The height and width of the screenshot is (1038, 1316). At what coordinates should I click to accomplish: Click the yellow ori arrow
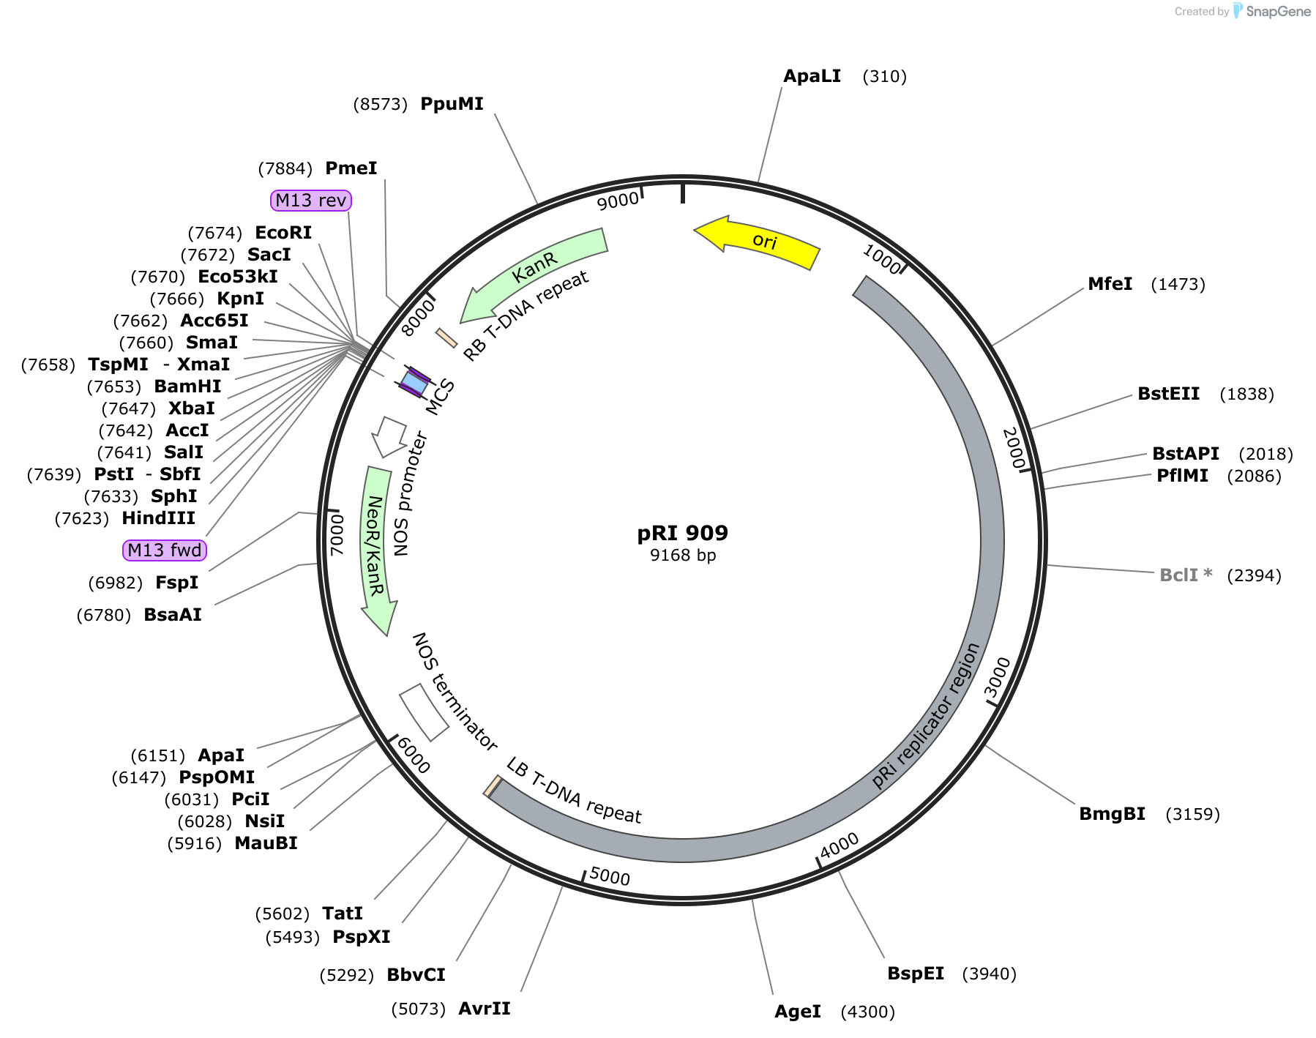click(x=761, y=241)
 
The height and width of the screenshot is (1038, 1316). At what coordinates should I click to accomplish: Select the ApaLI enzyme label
click(x=812, y=76)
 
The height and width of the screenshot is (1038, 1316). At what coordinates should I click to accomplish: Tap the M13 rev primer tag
click(x=310, y=200)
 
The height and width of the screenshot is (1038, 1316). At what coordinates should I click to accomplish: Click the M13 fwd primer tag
click(x=164, y=550)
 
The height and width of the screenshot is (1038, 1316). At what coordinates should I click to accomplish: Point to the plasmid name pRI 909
click(x=682, y=533)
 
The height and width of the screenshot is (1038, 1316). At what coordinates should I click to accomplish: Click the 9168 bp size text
click(x=682, y=555)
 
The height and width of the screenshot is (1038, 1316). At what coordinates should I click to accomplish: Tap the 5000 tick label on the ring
click(x=610, y=875)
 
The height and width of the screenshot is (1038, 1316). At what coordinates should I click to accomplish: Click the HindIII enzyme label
click(x=158, y=518)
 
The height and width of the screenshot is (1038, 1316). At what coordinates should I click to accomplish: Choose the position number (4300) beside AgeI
click(x=867, y=1012)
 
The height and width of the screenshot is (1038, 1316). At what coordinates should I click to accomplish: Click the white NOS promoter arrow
click(x=389, y=436)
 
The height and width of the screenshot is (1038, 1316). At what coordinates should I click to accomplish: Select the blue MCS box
click(x=414, y=382)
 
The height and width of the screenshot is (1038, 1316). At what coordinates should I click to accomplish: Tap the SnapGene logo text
click(x=1278, y=11)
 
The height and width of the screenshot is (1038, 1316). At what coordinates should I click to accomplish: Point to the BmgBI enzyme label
click(x=1112, y=814)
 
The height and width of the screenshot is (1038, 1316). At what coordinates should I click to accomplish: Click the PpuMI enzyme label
click(x=452, y=104)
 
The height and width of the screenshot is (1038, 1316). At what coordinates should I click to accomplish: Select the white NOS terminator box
click(x=424, y=712)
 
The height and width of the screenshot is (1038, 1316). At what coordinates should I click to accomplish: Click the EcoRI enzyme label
click(x=283, y=233)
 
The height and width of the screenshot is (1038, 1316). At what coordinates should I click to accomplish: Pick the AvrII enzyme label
click(x=484, y=1009)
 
